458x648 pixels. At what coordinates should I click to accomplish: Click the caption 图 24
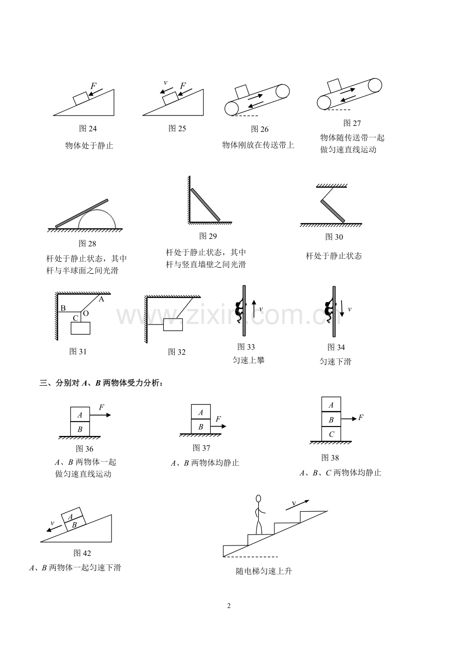pyautogui.click(x=88, y=128)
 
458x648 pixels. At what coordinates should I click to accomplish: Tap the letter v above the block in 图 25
pyautogui.click(x=165, y=83)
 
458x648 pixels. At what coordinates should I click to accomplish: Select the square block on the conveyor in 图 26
pyautogui.click(x=242, y=92)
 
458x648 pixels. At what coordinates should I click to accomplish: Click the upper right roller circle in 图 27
pyautogui.click(x=375, y=85)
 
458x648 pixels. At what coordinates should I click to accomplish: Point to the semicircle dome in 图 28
pyautogui.click(x=97, y=210)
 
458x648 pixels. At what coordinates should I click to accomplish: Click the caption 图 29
pyautogui.click(x=208, y=236)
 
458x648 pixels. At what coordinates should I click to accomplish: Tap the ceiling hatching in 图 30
pyautogui.click(x=332, y=186)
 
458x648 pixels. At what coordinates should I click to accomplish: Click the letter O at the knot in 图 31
pyautogui.click(x=86, y=313)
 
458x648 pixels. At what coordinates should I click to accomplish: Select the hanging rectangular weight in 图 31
pyautogui.click(x=81, y=328)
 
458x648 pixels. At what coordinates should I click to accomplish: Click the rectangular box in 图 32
pyautogui.click(x=173, y=324)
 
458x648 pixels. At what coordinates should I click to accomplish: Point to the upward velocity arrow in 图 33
pyautogui.click(x=254, y=309)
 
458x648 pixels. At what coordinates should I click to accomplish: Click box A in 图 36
pyautogui.click(x=80, y=415)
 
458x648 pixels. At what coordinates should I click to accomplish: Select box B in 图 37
pyautogui.click(x=201, y=427)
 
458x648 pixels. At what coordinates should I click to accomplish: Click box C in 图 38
pyautogui.click(x=331, y=434)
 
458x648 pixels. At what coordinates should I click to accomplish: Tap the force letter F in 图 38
pyautogui.click(x=361, y=418)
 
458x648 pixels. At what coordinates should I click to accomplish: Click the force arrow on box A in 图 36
pyautogui.click(x=100, y=415)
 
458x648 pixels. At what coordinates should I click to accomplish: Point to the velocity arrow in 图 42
pyautogui.click(x=54, y=529)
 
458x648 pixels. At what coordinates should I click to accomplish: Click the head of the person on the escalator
pyautogui.click(x=258, y=499)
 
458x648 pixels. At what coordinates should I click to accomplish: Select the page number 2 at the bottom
pyautogui.click(x=229, y=606)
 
